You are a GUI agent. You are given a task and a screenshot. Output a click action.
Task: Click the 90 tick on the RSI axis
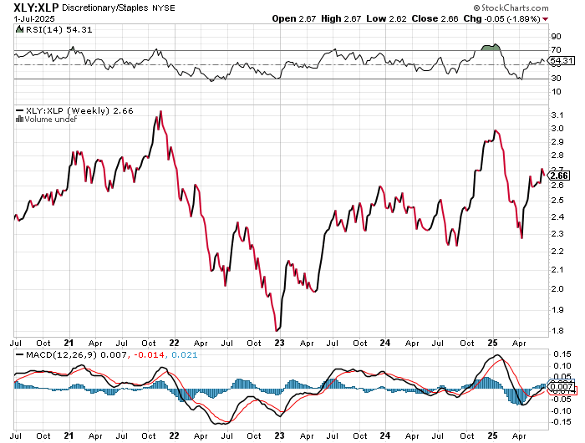pyautogui.click(x=555, y=37)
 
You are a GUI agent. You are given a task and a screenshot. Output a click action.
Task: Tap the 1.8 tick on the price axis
pyautogui.click(x=556, y=331)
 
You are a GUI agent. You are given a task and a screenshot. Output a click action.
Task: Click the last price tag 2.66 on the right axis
pyautogui.click(x=561, y=176)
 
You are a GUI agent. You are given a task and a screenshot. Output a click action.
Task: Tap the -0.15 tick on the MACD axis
pyautogui.click(x=559, y=420)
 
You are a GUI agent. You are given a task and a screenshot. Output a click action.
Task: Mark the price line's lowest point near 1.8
pyautogui.click(x=277, y=331)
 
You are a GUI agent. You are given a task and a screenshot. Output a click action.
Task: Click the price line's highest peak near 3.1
pyautogui.click(x=160, y=111)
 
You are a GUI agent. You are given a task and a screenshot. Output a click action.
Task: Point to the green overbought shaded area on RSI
pyautogui.click(x=491, y=46)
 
